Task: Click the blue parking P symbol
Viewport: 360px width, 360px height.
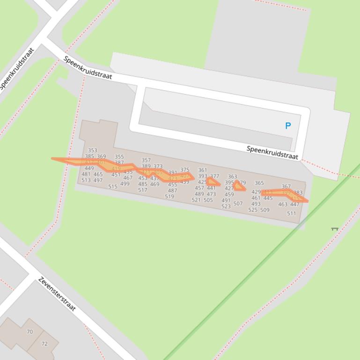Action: pos(288,126)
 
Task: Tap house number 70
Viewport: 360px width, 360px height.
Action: pos(30,332)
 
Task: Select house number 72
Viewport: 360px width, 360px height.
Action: pos(44,344)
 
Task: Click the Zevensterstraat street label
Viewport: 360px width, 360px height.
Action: pos(57,294)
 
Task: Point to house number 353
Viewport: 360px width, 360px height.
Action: pos(92,151)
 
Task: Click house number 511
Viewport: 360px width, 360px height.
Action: pos(292,214)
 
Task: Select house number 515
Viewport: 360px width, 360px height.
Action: pos(113,187)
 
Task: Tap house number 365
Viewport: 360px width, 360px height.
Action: pos(259,183)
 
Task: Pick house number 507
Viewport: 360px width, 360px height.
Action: pos(238,204)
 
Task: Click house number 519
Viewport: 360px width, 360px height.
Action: pos(169,197)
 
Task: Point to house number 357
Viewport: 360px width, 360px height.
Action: pos(146,160)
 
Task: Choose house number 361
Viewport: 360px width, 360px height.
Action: pos(202,171)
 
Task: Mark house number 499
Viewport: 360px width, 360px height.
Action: pos(125,184)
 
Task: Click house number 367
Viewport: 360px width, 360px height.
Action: pos(286,187)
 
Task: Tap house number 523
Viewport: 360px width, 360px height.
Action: pos(226,207)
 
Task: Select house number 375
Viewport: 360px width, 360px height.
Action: pos(185,170)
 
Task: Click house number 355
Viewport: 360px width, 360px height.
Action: pos(119,157)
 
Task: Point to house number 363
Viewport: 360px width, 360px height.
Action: pos(232,177)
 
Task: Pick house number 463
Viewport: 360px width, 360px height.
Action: pos(283,204)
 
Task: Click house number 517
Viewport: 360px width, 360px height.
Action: pos(143,190)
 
